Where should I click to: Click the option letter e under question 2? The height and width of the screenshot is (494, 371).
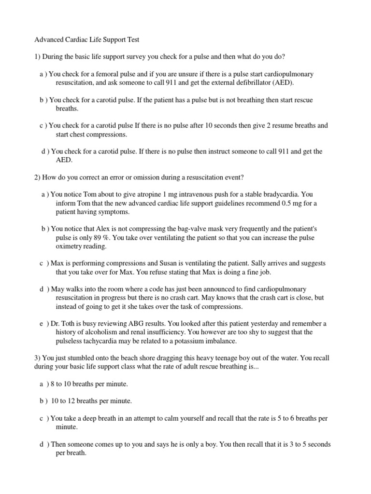(x=42, y=323)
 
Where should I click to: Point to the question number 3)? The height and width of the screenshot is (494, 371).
(x=37, y=358)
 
